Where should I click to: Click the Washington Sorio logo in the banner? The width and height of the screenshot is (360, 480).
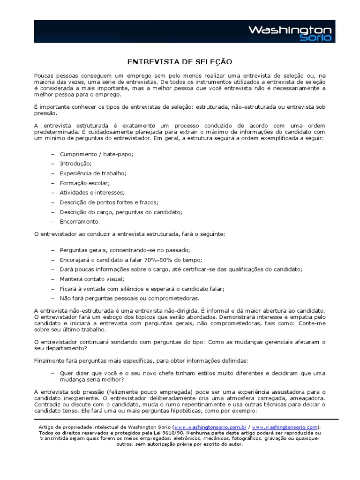tap(289, 33)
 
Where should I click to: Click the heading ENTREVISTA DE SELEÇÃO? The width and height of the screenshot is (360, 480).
tap(180, 62)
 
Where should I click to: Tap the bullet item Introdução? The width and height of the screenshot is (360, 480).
tap(75, 164)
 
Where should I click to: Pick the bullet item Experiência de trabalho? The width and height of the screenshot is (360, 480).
tap(93, 173)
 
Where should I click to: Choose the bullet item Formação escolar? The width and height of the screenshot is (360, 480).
tap(84, 183)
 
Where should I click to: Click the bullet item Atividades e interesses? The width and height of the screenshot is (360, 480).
tap(92, 193)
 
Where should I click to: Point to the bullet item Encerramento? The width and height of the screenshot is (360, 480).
tap(80, 221)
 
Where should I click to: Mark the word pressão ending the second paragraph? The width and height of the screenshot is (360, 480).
tap(45, 113)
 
